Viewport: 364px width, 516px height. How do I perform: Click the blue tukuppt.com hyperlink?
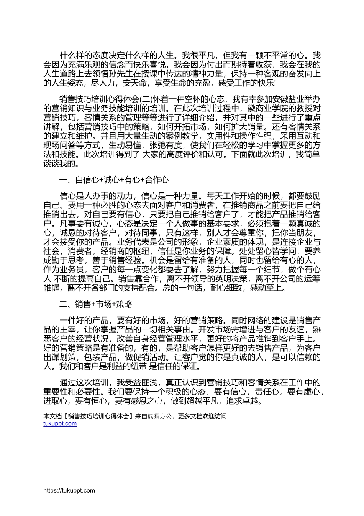coord(60,423)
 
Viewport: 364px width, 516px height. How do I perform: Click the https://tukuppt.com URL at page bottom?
coord(69,490)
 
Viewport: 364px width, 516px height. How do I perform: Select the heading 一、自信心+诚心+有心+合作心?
coord(114,180)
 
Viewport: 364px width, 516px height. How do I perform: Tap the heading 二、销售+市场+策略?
coord(96,304)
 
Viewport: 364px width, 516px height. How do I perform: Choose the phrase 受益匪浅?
coord(145,382)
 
